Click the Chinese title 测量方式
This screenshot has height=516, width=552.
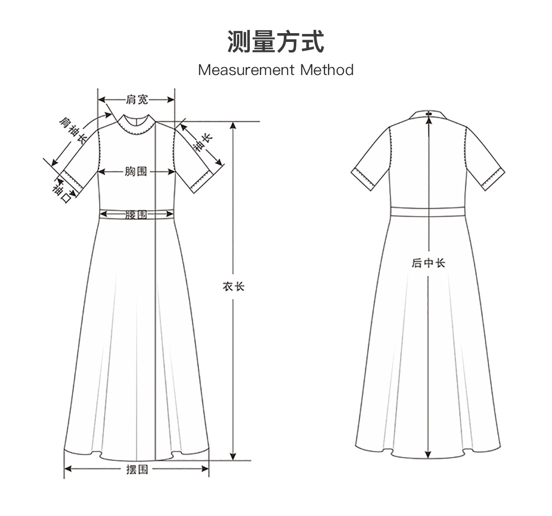[x=276, y=42]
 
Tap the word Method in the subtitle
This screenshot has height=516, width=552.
[x=327, y=70]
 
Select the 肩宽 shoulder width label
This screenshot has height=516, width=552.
[x=137, y=99]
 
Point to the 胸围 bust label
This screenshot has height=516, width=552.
[x=137, y=172]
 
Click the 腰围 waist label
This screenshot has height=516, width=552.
[x=137, y=214]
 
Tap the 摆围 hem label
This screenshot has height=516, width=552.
[x=137, y=469]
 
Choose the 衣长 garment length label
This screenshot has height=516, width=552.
[x=234, y=287]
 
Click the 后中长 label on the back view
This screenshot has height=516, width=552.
[x=428, y=263]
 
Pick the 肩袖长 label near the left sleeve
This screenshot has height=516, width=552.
[x=73, y=130]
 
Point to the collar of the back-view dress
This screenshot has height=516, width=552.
[x=428, y=114]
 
